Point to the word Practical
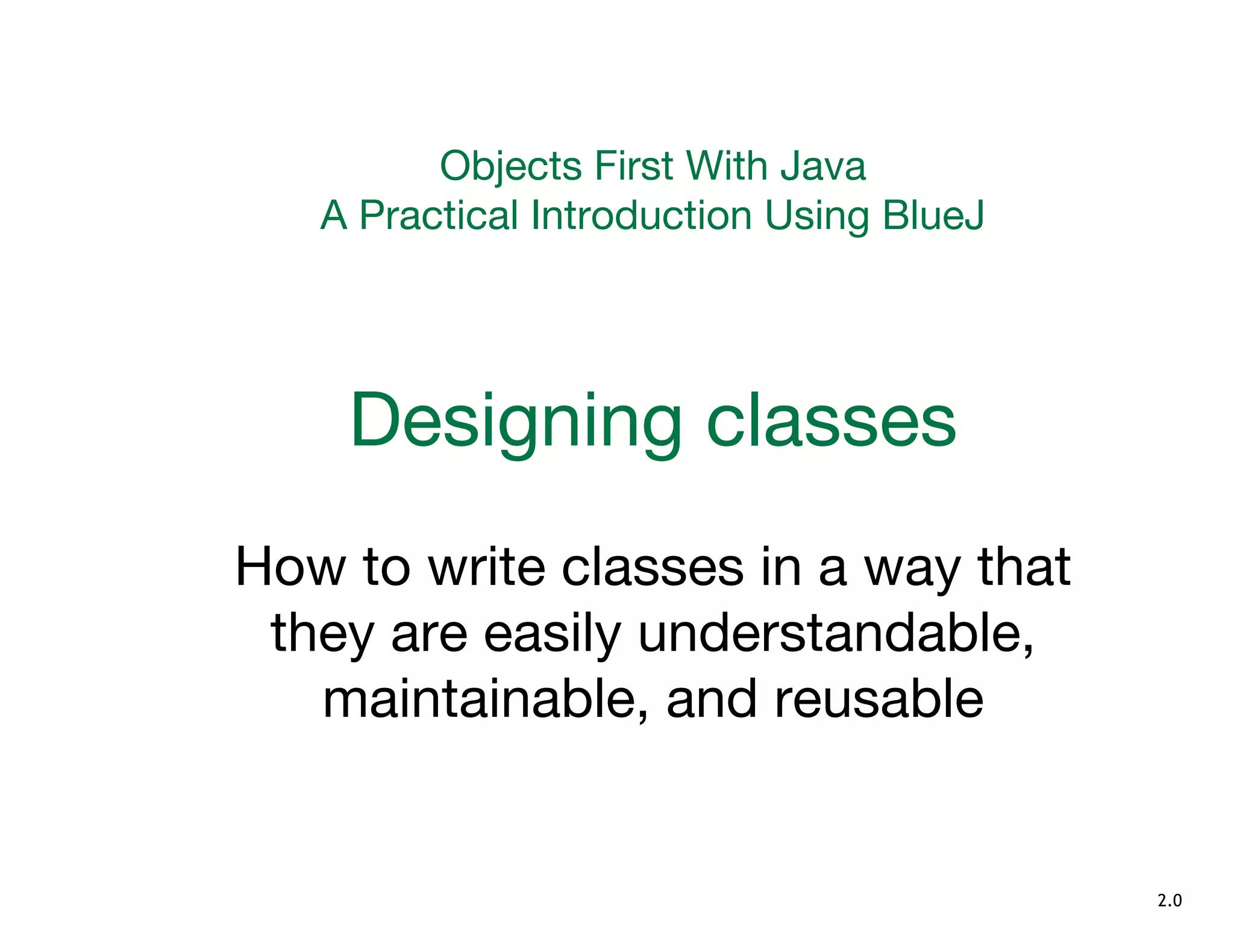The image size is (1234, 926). click(x=438, y=216)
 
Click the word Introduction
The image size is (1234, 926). click(x=641, y=216)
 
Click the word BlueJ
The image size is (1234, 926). click(x=933, y=216)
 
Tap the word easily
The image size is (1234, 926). click(x=552, y=634)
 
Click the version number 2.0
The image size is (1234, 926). click(x=1170, y=901)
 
